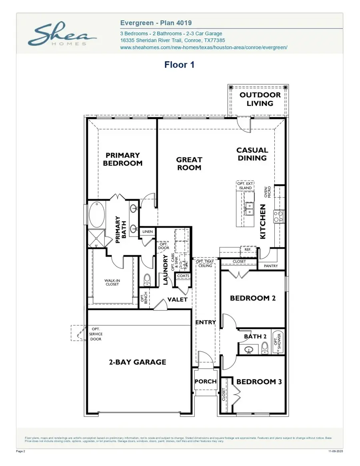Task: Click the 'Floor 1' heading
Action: (179, 65)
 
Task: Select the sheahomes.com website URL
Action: (204, 47)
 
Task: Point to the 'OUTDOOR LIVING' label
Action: (260, 99)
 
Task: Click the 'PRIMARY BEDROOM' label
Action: (122, 159)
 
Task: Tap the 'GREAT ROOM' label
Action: (189, 163)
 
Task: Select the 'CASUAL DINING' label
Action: (252, 154)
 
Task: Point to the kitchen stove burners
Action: (278, 216)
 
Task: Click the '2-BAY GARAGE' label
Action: (137, 362)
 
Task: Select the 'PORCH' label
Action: (205, 381)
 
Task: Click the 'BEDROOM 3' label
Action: (259, 382)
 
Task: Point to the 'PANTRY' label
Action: (271, 266)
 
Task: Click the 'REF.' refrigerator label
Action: (247, 249)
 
